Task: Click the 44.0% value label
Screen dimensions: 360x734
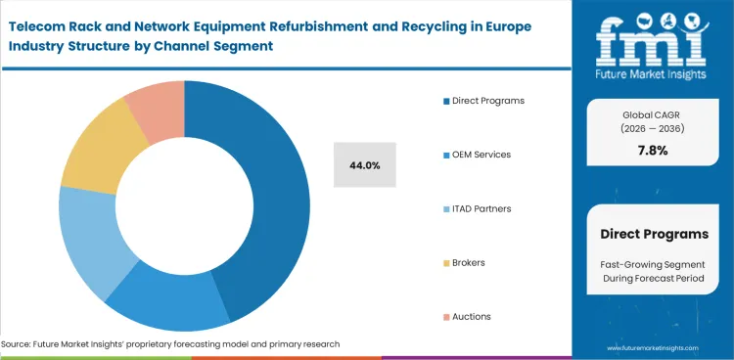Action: (364, 165)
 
